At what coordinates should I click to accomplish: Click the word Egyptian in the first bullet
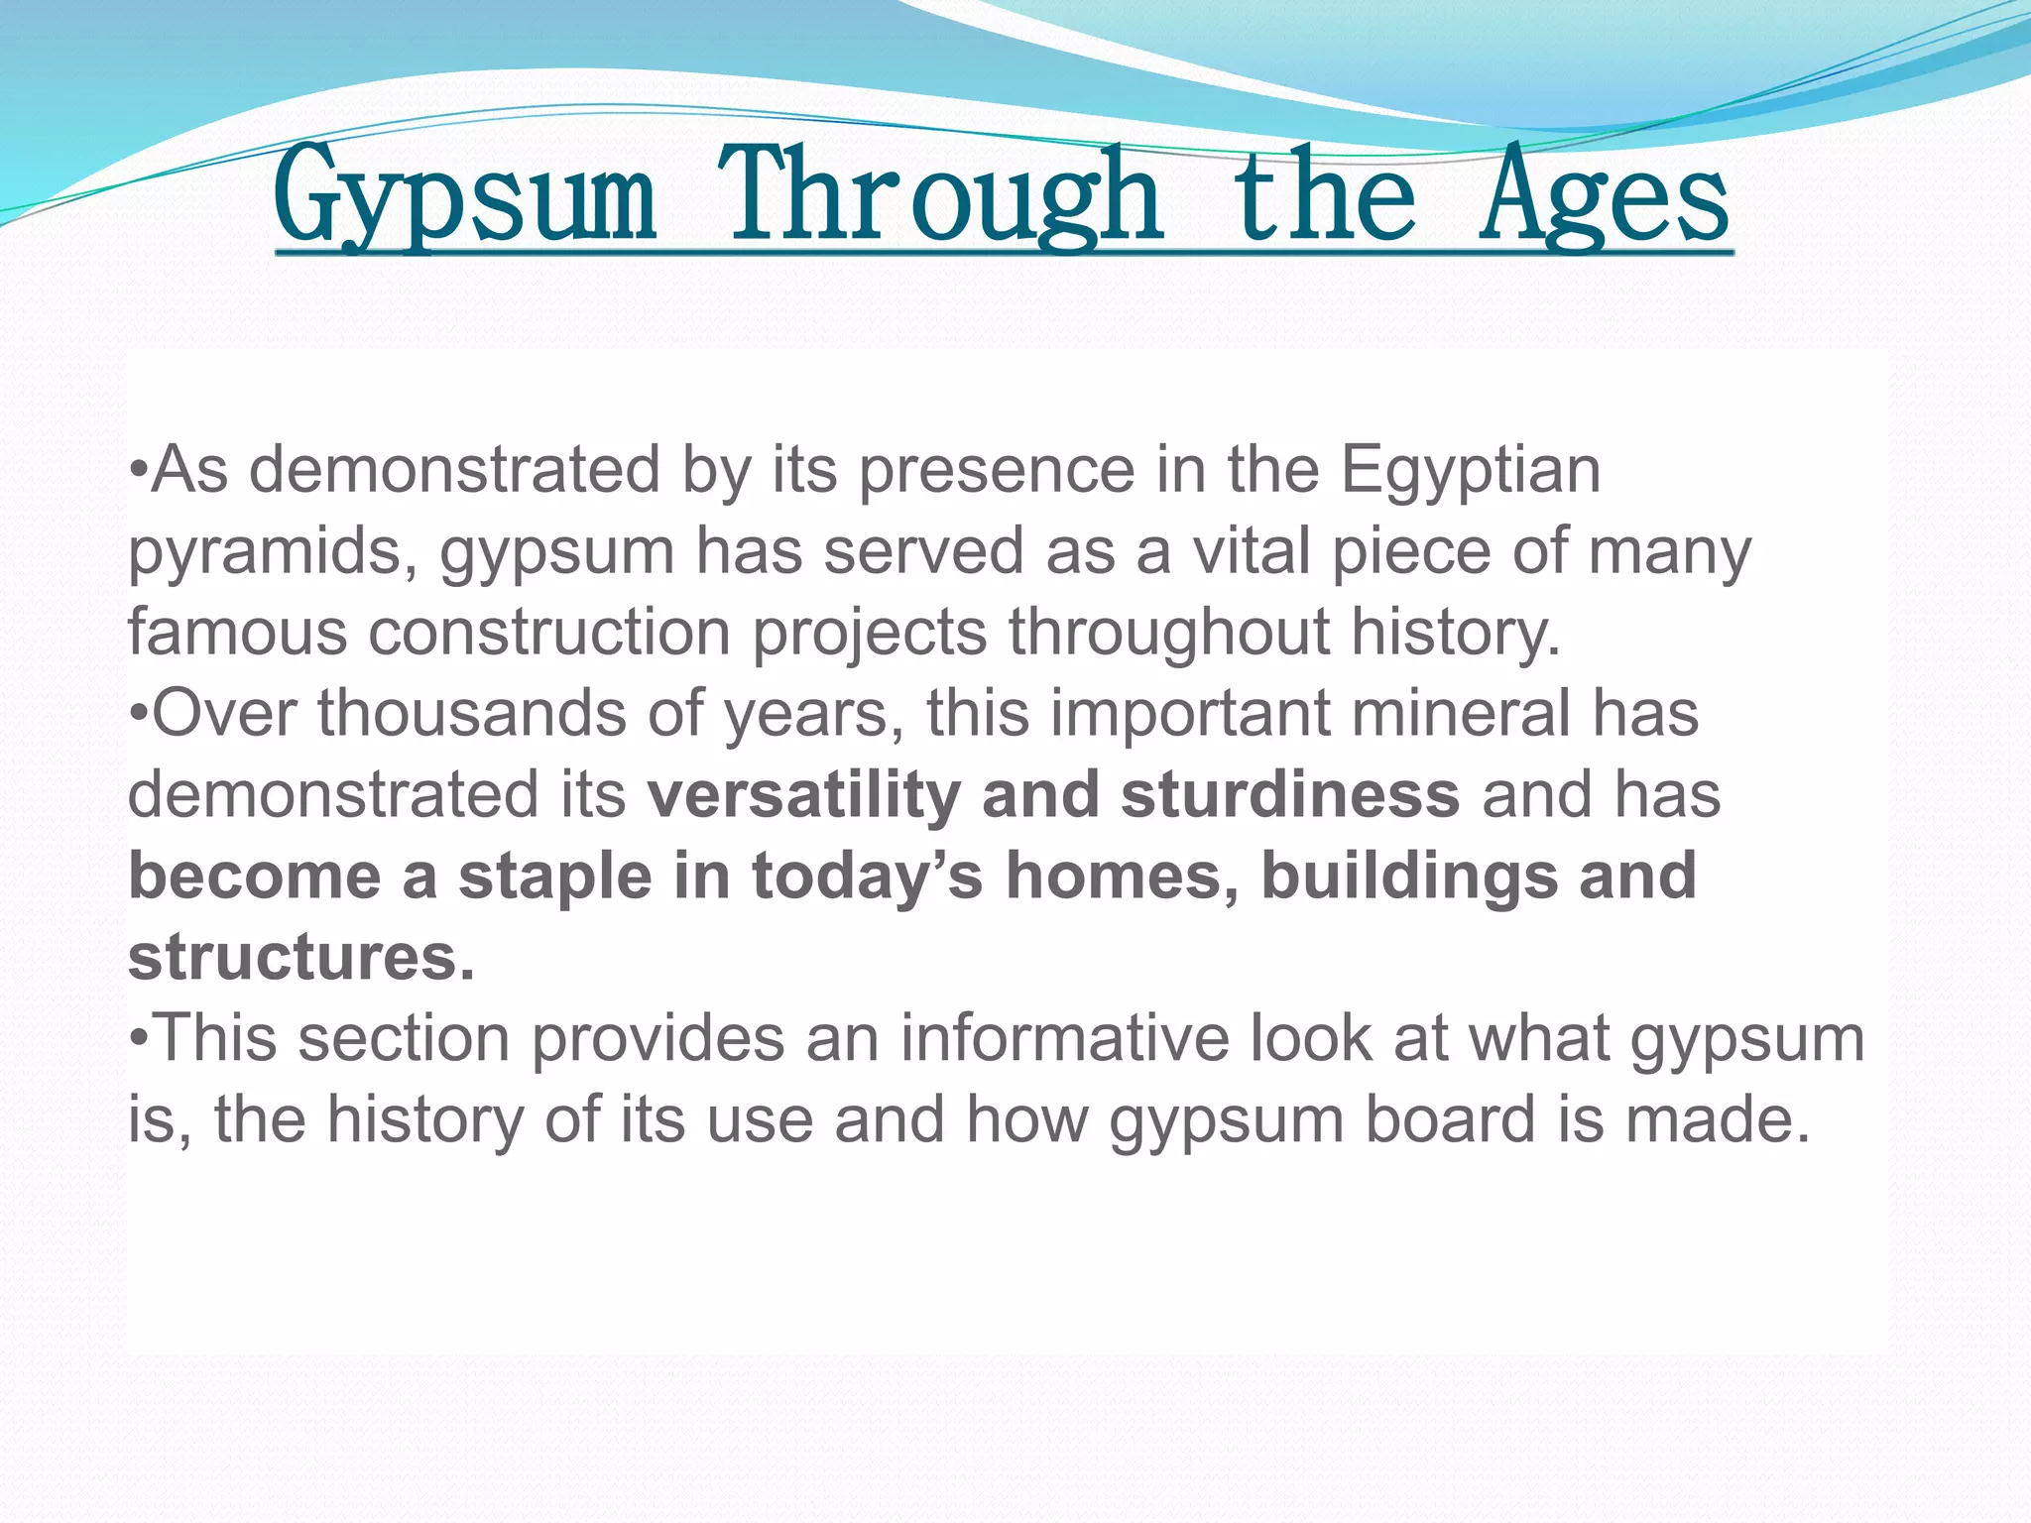point(1471,470)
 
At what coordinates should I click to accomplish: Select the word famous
point(237,633)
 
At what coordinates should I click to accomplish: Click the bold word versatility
point(803,795)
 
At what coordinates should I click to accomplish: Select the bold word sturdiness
point(1289,795)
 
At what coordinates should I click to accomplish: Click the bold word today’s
point(867,877)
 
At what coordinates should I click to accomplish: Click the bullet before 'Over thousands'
point(140,715)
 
